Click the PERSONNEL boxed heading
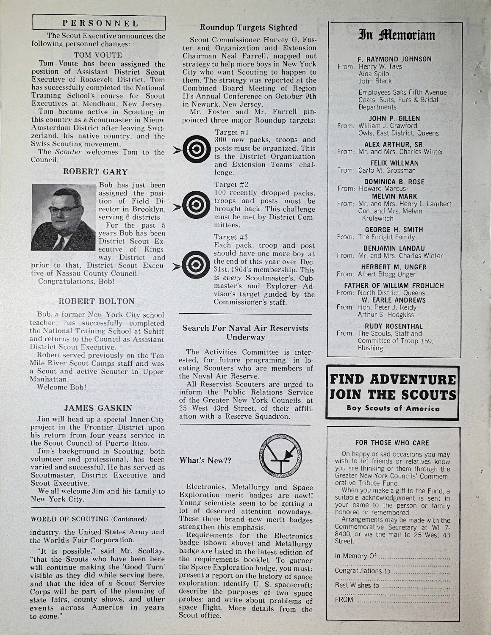coord(98,23)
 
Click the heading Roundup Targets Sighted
coord(249,28)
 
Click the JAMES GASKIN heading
coord(98,408)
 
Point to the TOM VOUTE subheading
coord(98,55)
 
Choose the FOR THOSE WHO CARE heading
coord(392,443)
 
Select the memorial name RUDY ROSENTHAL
coord(394,326)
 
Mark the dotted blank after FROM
coord(402,600)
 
